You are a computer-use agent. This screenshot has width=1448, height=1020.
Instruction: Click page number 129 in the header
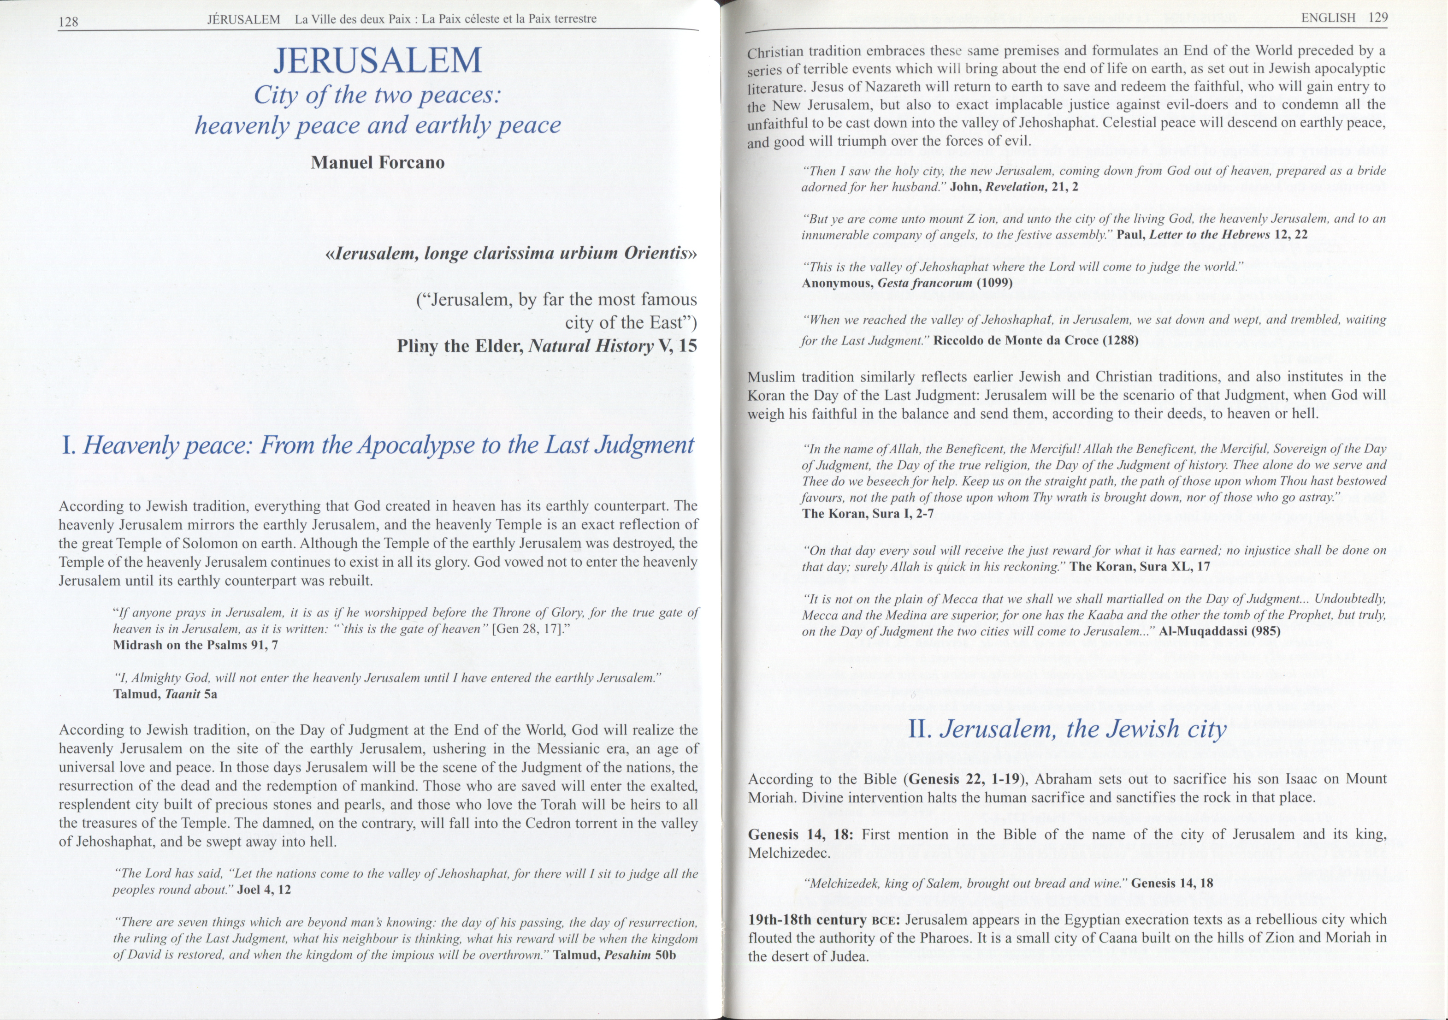(x=1378, y=18)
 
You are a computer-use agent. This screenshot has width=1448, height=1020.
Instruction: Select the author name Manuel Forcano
(x=377, y=163)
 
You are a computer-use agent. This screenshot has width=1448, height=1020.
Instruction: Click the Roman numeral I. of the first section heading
(x=69, y=446)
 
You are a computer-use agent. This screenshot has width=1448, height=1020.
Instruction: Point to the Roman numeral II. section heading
(x=922, y=729)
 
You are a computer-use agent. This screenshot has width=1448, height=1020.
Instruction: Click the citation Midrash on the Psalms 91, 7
(x=195, y=645)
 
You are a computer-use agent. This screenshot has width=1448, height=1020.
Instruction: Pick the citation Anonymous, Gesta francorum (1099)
(x=907, y=283)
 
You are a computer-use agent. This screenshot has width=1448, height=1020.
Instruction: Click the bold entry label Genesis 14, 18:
(x=800, y=835)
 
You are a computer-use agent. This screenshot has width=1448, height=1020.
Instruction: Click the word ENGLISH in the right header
(x=1328, y=18)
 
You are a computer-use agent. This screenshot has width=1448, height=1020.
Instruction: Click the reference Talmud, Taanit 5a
(x=165, y=694)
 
